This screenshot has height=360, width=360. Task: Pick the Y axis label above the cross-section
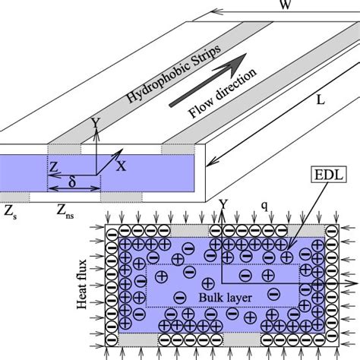[x=223, y=204]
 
